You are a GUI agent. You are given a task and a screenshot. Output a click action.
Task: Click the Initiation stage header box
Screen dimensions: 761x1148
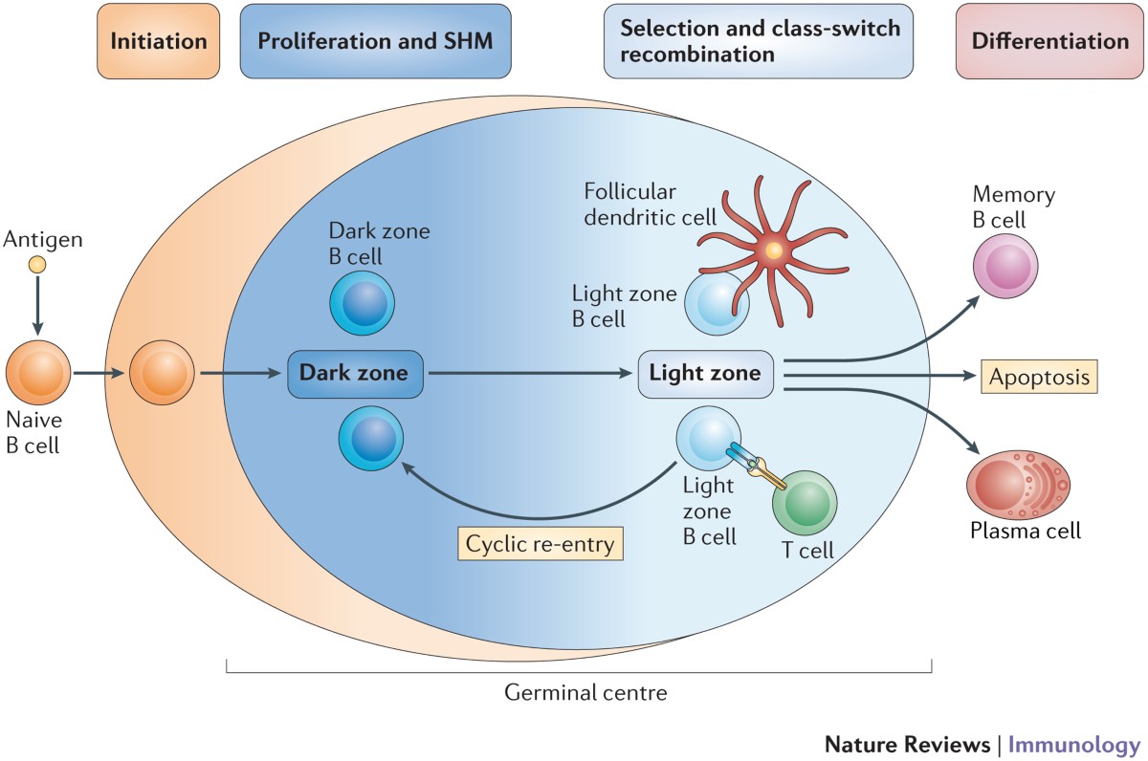click(x=159, y=42)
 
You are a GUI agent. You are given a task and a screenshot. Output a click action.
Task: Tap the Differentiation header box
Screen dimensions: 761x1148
click(x=1049, y=42)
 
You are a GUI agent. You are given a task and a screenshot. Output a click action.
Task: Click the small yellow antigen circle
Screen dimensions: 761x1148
click(x=36, y=265)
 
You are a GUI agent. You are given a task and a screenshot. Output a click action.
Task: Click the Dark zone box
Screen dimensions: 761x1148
click(x=354, y=374)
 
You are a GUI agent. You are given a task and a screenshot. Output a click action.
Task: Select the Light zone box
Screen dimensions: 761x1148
click(x=705, y=374)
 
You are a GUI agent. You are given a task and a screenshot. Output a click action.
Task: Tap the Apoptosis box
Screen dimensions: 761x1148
click(x=1039, y=377)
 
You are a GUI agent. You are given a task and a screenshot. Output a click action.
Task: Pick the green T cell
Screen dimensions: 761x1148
click(x=804, y=503)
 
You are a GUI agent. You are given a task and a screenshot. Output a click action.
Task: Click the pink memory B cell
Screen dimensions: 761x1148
click(x=1006, y=267)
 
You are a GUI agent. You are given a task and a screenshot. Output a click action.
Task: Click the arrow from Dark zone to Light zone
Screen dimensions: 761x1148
click(x=531, y=374)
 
